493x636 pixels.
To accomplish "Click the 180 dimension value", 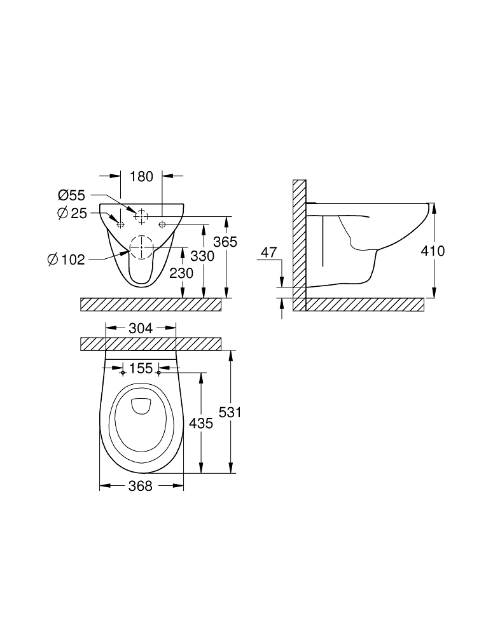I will pos(141,176).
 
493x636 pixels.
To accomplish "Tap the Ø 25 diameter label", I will pos(72,214).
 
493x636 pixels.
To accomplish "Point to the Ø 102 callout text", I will pos(66,259).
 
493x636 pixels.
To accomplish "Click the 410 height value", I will pos(433,251).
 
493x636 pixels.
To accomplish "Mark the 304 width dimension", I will pos(141,328).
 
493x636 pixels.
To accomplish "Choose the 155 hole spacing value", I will pos(141,368).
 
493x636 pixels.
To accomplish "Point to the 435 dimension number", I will pos(201,423).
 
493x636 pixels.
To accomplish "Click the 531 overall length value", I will pos(230,412).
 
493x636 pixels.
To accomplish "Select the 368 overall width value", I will pos(141,486).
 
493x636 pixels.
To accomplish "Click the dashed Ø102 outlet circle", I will pos(142,247).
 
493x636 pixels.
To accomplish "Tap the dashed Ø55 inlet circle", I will pos(141,216).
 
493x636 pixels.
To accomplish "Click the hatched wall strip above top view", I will pos(151,343).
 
